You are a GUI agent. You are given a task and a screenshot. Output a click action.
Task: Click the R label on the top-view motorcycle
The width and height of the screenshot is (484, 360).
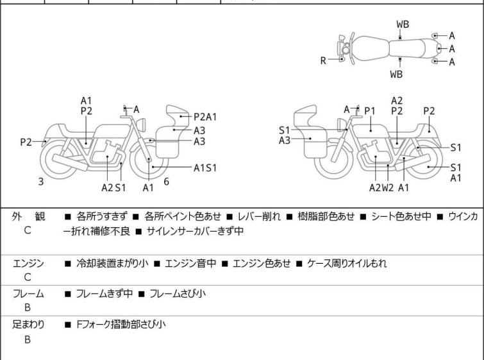point(323,60)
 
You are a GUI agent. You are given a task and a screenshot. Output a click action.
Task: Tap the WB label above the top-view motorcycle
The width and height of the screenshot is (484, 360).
point(403,24)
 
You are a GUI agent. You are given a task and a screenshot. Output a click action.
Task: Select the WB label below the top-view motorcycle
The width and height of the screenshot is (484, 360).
point(396,74)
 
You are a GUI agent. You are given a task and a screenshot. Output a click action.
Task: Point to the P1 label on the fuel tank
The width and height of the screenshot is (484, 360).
point(370,110)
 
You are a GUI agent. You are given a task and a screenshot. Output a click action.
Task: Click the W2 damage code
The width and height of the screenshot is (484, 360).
point(388,187)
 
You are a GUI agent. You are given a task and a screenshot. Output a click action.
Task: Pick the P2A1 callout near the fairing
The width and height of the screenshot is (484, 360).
point(205,117)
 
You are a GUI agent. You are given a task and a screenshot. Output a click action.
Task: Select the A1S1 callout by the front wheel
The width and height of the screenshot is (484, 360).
point(205,167)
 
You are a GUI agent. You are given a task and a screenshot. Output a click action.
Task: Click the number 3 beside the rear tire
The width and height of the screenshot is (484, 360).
point(41,182)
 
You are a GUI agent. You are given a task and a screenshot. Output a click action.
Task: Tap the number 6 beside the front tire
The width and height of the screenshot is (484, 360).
point(167,182)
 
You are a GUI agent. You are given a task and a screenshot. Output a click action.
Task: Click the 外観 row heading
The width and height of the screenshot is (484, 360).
point(28,216)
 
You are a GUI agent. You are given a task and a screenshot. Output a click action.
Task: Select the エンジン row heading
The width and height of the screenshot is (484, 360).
point(28,264)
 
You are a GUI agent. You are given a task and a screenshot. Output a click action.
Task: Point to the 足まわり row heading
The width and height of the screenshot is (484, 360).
point(28,325)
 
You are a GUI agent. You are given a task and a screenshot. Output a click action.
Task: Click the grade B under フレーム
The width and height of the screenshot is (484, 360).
point(28,307)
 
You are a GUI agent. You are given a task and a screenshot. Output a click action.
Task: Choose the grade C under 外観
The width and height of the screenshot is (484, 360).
point(28,230)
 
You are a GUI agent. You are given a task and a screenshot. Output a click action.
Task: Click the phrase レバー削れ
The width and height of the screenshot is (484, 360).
point(259,216)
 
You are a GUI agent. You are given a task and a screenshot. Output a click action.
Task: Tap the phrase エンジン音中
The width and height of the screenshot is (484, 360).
point(190,264)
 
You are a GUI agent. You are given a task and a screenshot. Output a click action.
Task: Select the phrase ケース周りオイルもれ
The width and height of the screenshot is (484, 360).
point(347,264)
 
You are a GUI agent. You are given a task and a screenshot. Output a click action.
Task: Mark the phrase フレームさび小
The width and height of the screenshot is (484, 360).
point(178,293)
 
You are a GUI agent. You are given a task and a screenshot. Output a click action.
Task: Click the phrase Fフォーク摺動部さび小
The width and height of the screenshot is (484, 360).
point(121,325)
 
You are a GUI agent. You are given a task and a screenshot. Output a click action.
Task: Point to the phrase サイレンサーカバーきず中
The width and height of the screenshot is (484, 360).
point(195,231)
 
